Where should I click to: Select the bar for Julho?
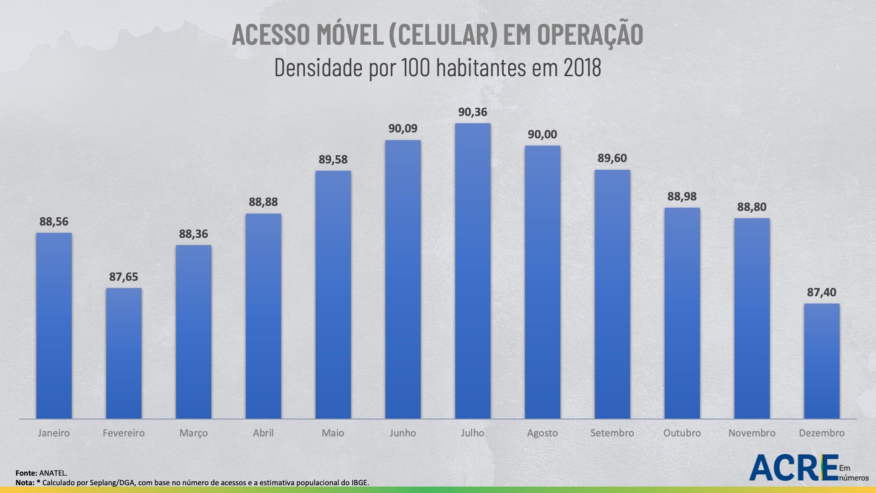point(473,271)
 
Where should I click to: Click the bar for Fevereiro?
point(124,353)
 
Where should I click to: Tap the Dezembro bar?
point(822,361)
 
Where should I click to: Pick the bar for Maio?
point(333,295)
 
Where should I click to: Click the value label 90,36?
point(473,112)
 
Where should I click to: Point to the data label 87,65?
point(124,277)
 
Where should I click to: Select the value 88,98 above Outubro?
point(682,197)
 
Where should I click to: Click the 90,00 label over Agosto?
point(542,135)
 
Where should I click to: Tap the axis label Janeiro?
point(54,433)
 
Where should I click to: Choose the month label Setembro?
point(612,433)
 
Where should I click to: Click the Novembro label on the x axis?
point(752,433)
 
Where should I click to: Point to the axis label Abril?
point(263,433)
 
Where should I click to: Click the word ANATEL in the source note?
point(53,473)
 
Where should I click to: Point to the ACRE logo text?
point(794,467)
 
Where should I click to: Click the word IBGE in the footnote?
point(359,483)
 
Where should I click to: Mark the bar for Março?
point(193,332)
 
